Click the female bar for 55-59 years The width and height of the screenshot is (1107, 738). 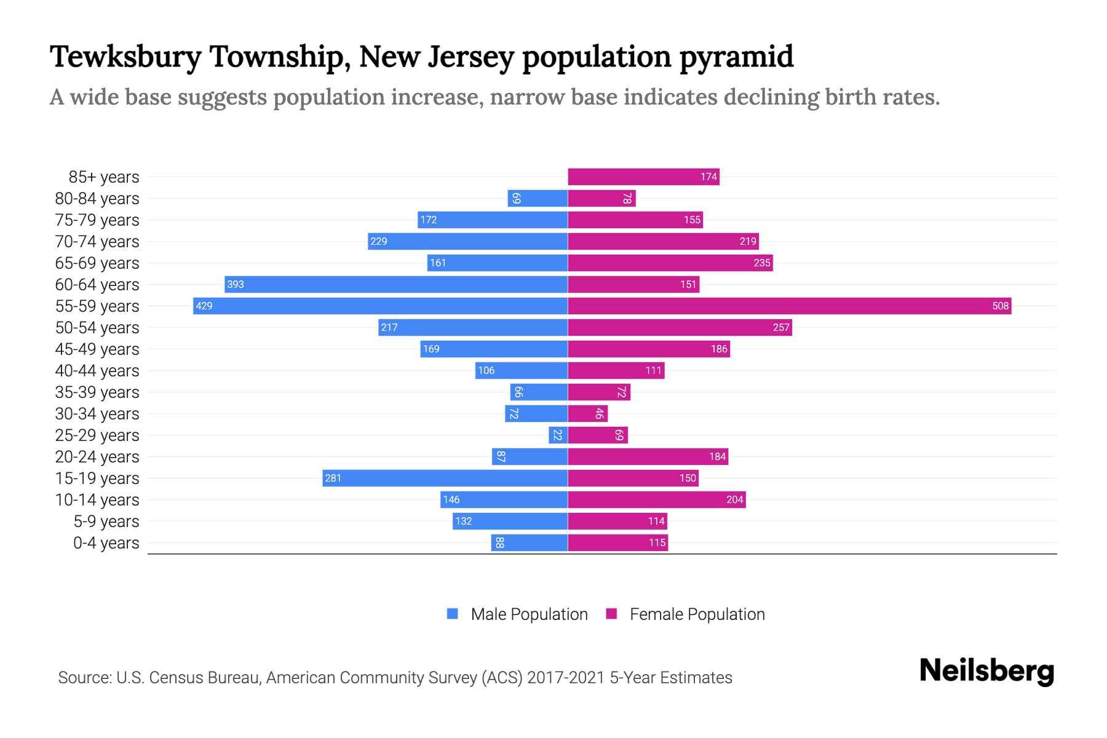(x=789, y=306)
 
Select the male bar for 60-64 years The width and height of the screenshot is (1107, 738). (x=396, y=284)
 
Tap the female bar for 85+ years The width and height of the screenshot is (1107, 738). (x=643, y=177)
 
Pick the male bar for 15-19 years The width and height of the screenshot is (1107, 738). (x=445, y=478)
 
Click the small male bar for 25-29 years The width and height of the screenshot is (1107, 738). (x=558, y=435)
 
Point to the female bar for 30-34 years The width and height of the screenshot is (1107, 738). (x=587, y=413)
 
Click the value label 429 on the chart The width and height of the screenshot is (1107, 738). (x=204, y=306)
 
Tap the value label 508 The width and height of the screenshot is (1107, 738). (x=1000, y=306)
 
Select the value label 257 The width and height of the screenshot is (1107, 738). (x=780, y=327)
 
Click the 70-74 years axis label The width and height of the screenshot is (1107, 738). (x=97, y=241)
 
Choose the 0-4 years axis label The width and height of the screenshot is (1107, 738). (x=106, y=542)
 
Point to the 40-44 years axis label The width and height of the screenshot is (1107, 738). (x=97, y=370)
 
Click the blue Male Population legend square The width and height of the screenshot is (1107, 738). (x=453, y=614)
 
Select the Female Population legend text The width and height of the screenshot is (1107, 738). (x=697, y=614)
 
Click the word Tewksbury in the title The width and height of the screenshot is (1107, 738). (x=125, y=57)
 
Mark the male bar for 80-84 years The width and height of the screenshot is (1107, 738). (x=538, y=198)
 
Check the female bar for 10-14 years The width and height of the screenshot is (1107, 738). (x=656, y=499)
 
